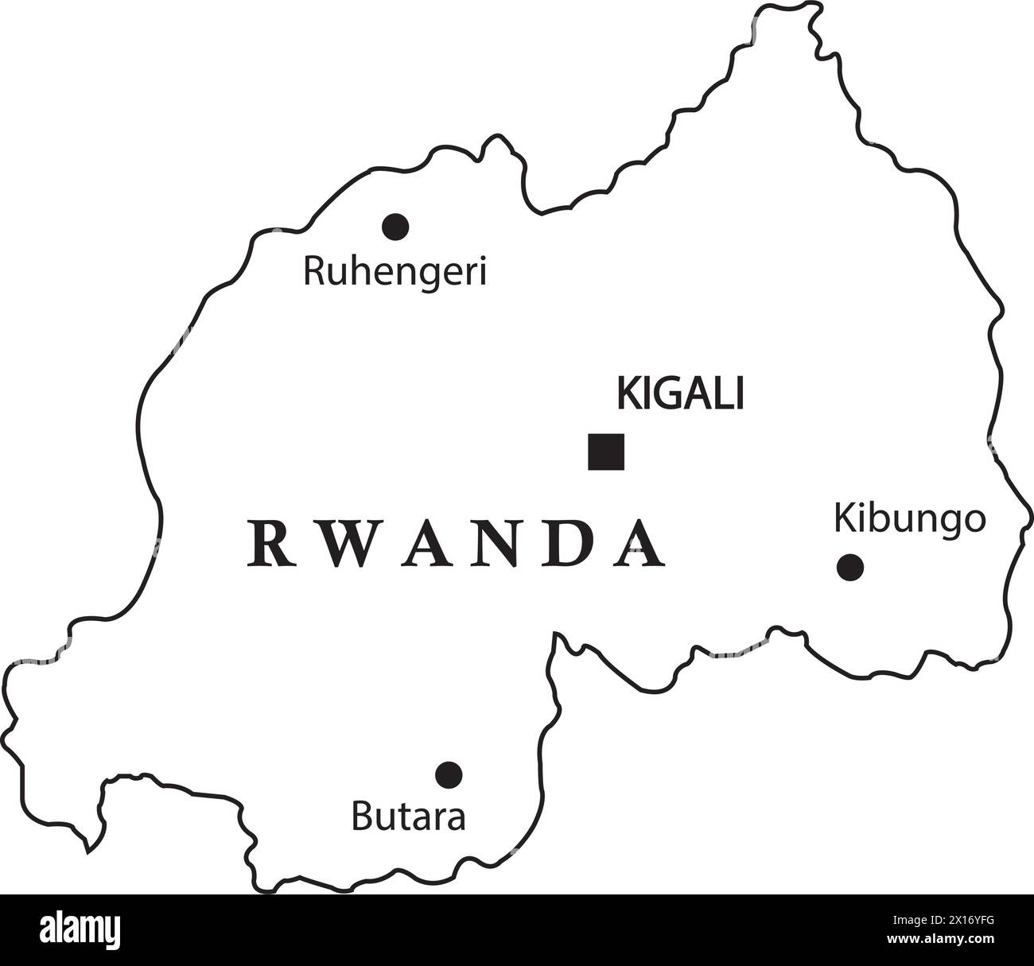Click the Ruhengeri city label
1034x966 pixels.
(395, 272)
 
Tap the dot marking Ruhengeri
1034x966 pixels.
(395, 227)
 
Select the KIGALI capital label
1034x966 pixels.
(680, 394)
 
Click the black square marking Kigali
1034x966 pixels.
(606, 452)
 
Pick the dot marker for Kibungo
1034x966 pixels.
(850, 568)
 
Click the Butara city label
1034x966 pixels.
(408, 817)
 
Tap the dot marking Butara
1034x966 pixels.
(449, 773)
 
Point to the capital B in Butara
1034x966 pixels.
(360, 817)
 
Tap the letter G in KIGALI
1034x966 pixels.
(660, 394)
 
